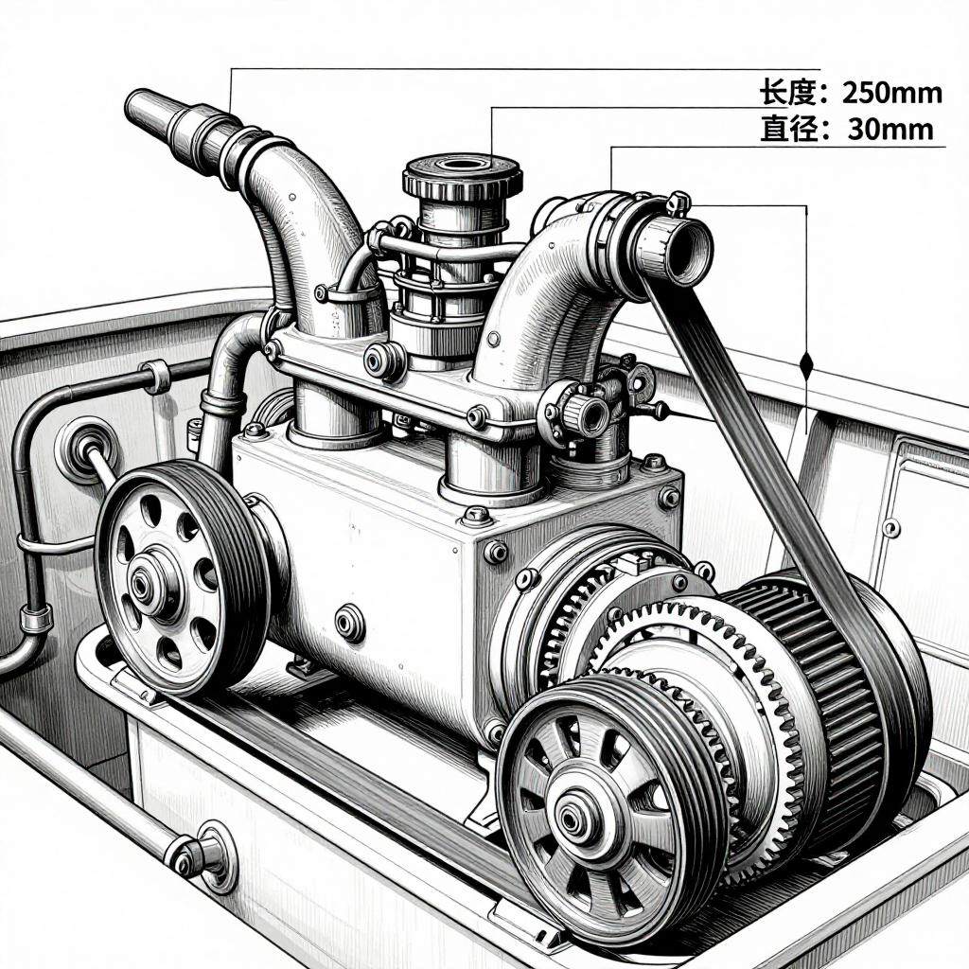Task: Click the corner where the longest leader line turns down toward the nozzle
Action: (x=230, y=68)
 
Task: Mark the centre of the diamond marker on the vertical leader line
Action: (x=806, y=364)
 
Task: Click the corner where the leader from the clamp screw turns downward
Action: (x=806, y=205)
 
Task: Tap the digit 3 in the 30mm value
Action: (x=856, y=129)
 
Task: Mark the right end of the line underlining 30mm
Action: (x=945, y=147)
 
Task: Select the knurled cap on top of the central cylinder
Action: (x=463, y=175)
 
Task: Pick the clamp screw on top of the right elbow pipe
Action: (x=678, y=203)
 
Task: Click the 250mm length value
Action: (x=892, y=93)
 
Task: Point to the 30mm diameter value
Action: (x=890, y=129)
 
